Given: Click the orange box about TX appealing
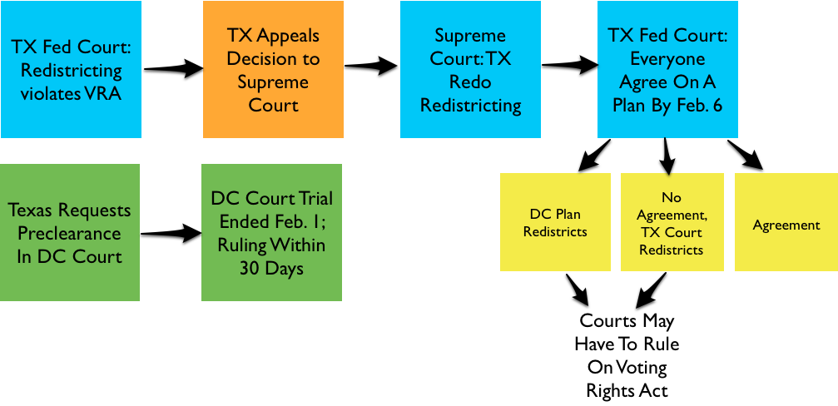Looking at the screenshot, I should tap(273, 70).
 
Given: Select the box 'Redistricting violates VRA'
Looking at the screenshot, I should tap(71, 70).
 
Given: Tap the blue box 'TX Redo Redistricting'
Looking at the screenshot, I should tap(470, 70).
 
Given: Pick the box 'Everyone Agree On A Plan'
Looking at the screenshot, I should tap(667, 70).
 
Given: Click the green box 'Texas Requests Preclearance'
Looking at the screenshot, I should tap(71, 233).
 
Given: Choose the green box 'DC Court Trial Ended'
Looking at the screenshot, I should tap(271, 233).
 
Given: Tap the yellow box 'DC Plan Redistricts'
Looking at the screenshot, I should tap(555, 221).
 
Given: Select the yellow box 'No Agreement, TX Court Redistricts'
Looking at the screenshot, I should tap(672, 221).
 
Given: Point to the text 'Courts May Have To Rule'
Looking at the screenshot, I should tap(627, 331).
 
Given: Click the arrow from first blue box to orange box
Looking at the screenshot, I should tap(172, 68).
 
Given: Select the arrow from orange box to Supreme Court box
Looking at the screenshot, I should tap(371, 66).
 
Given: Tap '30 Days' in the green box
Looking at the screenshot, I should tap(271, 269).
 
